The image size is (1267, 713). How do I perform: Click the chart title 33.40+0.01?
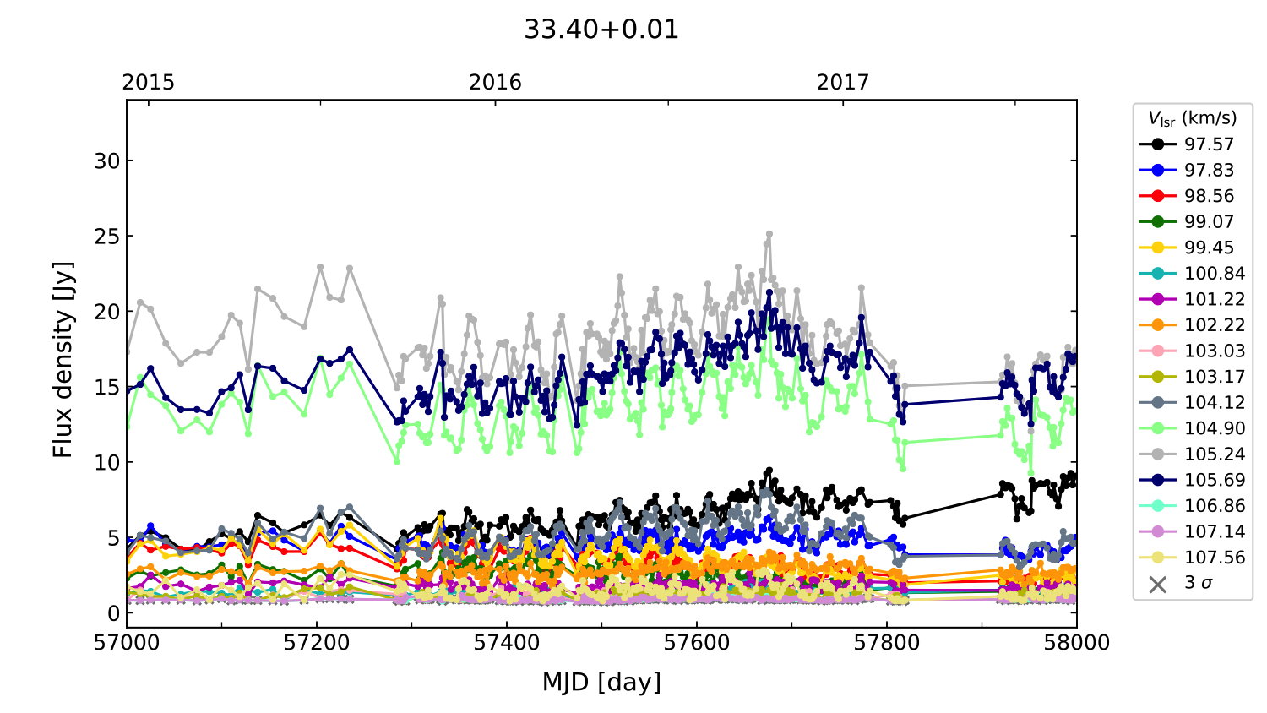[601, 30]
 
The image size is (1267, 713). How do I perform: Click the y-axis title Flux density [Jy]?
[63, 360]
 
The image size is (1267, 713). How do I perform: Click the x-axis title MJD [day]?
[601, 682]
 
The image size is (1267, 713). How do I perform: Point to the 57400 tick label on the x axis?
[507, 643]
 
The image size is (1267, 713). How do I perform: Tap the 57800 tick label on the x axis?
[887, 643]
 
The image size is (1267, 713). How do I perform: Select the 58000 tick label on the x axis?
[1076, 643]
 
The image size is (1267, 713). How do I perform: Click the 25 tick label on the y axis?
[107, 236]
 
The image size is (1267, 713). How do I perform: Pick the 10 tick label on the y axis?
[107, 462]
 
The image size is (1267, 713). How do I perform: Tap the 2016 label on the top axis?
[495, 82]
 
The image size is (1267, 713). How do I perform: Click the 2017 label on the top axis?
[842, 82]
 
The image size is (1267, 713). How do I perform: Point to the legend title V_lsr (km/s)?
[1192, 118]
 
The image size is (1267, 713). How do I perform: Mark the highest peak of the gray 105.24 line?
[769, 233]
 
